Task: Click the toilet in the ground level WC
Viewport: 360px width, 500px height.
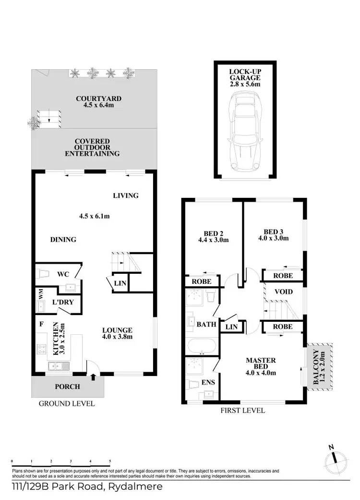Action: [x=43, y=274]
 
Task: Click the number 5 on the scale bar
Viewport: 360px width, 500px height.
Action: [x=110, y=461]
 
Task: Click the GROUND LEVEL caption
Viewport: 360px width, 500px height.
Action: [x=67, y=403]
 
